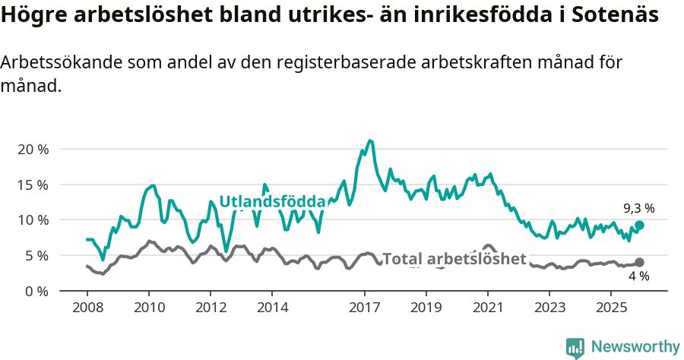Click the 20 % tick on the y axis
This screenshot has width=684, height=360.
click(x=33, y=150)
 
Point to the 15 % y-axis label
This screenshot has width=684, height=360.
click(x=33, y=185)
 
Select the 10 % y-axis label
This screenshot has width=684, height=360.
click(x=33, y=220)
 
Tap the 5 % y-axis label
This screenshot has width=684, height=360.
click(x=36, y=255)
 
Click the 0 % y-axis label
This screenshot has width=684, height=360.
click(x=36, y=291)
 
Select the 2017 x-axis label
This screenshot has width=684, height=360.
click(x=364, y=308)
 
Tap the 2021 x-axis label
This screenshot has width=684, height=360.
click(x=487, y=308)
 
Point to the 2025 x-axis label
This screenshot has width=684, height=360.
click(x=610, y=308)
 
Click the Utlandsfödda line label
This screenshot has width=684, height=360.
click(x=272, y=201)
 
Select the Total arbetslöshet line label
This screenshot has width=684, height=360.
click(x=454, y=259)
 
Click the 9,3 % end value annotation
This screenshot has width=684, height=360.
click(x=638, y=208)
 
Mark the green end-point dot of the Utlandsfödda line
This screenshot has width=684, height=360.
click(x=640, y=225)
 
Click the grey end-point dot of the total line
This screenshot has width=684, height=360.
click(x=639, y=263)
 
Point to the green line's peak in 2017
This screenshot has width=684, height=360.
click(x=370, y=141)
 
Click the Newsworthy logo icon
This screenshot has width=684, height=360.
click(x=575, y=347)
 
